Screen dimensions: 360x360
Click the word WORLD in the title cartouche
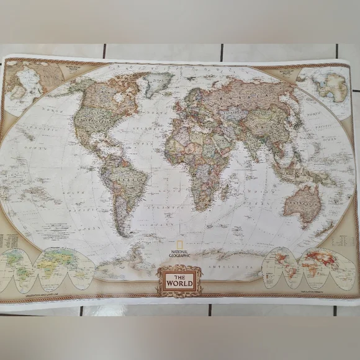click(x=179, y=284)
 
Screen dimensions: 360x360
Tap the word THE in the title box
click(x=179, y=276)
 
